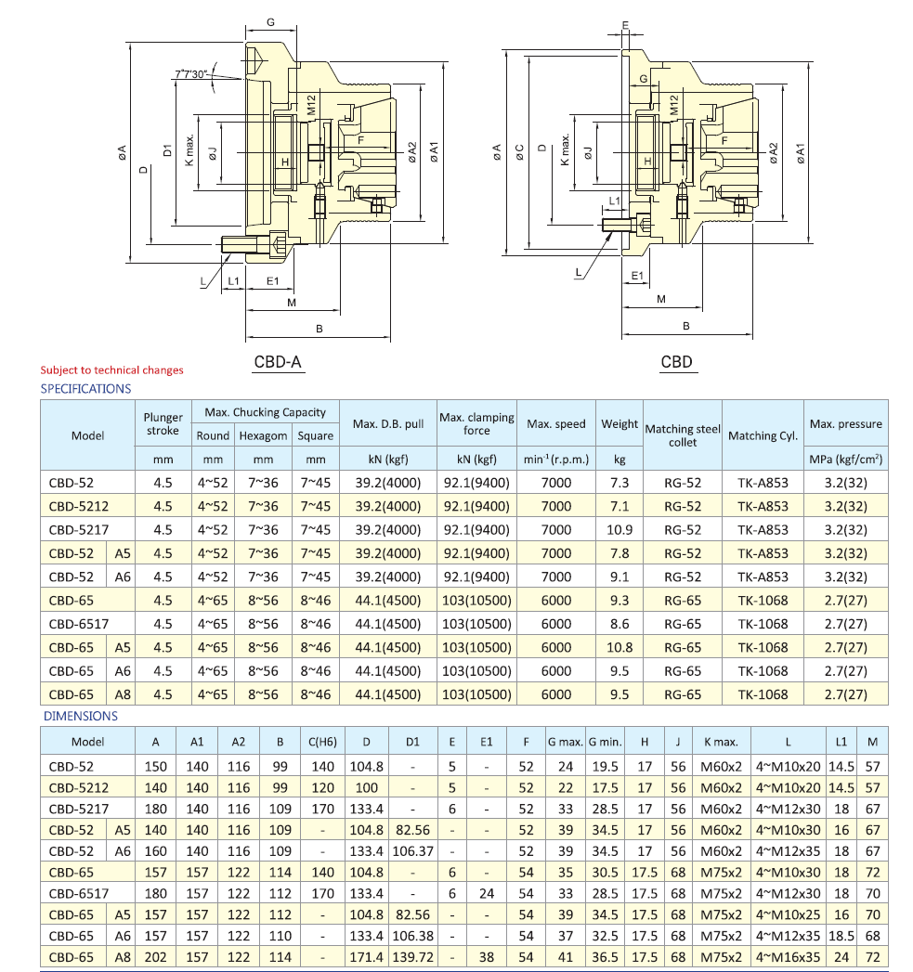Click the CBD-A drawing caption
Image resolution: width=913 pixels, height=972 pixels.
pyautogui.click(x=279, y=362)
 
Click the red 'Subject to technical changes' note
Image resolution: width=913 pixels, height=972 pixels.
pyautogui.click(x=112, y=370)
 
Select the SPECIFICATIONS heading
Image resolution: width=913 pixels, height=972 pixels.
pyautogui.click(x=86, y=389)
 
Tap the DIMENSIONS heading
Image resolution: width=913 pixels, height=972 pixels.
pyautogui.click(x=81, y=717)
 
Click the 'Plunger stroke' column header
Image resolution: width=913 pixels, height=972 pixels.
pyautogui.click(x=163, y=423)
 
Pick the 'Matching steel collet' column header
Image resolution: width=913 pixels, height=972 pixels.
pyautogui.click(x=683, y=435)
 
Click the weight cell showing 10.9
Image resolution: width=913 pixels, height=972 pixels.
pyautogui.click(x=620, y=530)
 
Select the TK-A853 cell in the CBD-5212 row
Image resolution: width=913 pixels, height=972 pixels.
pyautogui.click(x=763, y=507)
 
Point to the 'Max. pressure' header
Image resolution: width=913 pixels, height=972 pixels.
pyautogui.click(x=846, y=424)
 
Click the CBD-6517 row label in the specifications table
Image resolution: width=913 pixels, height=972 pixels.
pyautogui.click(x=79, y=624)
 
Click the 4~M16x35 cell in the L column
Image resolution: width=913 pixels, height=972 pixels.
pyautogui.click(x=789, y=957)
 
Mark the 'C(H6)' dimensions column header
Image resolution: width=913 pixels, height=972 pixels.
pyautogui.click(x=322, y=742)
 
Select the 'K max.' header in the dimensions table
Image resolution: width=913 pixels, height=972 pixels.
pyautogui.click(x=721, y=742)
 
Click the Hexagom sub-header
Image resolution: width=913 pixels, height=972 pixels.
pyautogui.click(x=264, y=435)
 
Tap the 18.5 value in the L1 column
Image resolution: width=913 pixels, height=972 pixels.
pyautogui.click(x=841, y=934)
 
